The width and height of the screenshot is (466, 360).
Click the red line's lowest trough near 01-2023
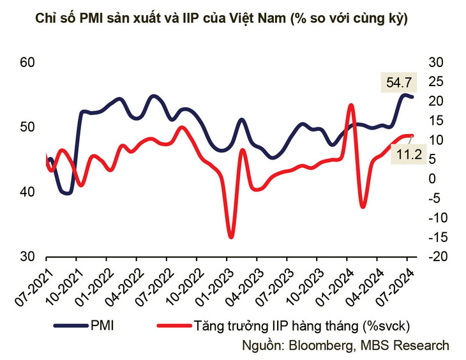click(x=230, y=237)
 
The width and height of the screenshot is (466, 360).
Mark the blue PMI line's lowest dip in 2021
click(x=66, y=192)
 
